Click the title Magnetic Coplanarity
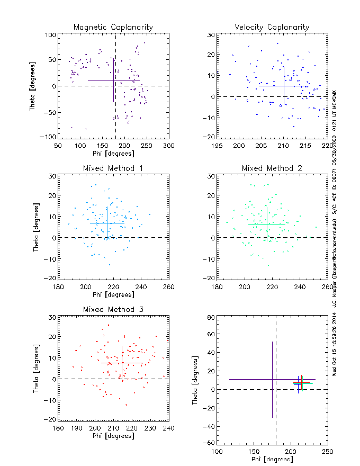click(113, 27)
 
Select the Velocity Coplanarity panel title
click(272, 27)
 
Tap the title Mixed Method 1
click(113, 168)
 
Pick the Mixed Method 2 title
click(272, 168)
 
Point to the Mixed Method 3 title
click(113, 309)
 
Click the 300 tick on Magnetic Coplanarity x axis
click(168, 145)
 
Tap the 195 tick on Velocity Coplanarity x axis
click(217, 145)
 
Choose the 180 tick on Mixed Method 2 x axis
click(217, 286)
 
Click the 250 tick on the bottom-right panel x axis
click(327, 452)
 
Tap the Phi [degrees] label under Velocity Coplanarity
click(272, 154)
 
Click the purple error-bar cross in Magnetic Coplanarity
click(114, 80)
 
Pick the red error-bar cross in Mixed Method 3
click(122, 363)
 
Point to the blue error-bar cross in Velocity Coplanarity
click(284, 85)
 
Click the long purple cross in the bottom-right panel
click(272, 379)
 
